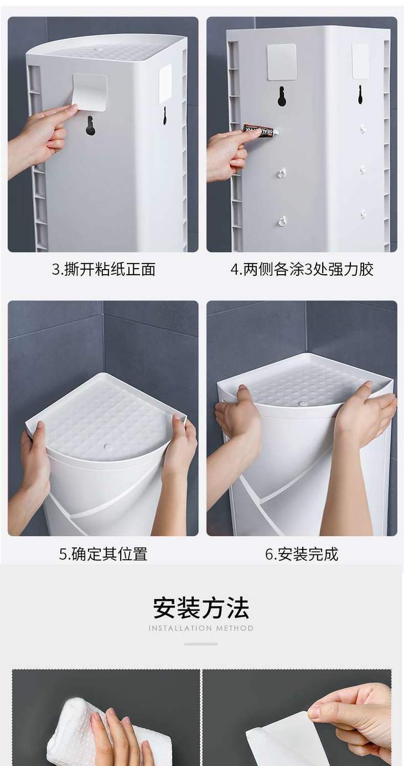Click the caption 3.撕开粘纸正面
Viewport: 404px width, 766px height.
point(103,269)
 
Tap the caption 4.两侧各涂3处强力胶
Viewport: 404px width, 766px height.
point(302,269)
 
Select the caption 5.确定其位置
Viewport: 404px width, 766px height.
point(103,554)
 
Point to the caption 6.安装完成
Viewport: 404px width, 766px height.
point(302,554)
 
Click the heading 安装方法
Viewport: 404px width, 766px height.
point(201,608)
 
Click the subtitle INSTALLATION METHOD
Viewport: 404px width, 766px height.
point(201,628)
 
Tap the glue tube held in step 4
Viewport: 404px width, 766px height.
point(260,130)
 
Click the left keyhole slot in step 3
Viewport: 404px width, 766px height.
point(90,126)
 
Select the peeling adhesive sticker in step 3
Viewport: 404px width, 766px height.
point(89,92)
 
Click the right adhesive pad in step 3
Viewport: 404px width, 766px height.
point(165,83)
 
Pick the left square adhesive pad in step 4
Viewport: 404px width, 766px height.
point(282,62)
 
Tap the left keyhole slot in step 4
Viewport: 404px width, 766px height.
point(282,96)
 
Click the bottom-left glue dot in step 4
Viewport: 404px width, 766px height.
point(282,222)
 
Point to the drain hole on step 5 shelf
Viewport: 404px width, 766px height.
point(108,447)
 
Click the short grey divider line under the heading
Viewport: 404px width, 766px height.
point(201,644)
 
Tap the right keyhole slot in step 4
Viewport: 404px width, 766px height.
point(360,95)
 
